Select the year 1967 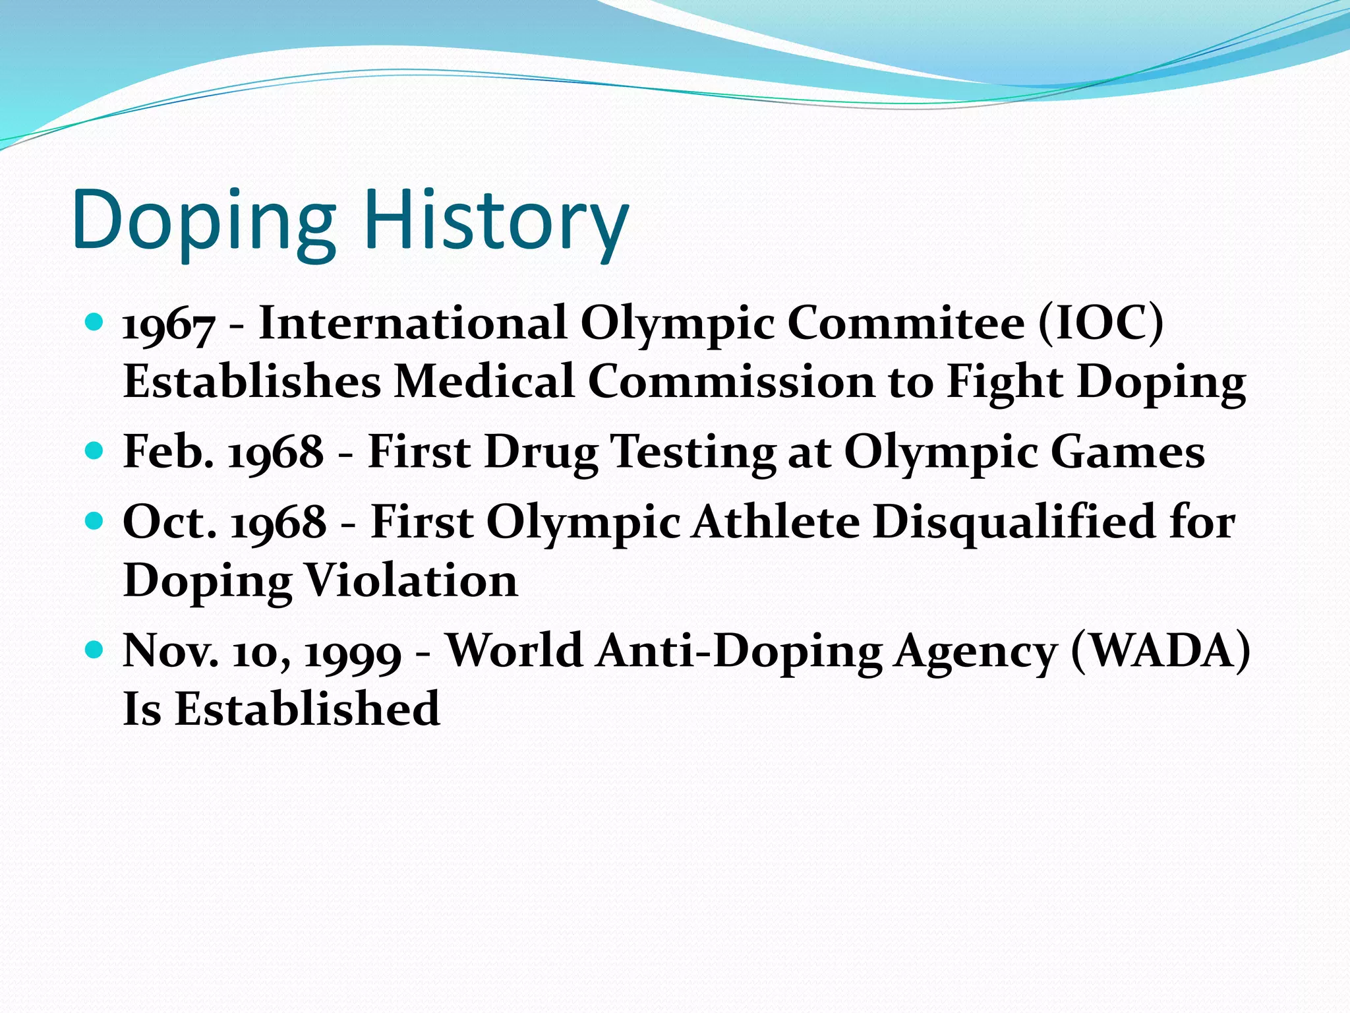pos(169,324)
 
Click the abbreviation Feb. pos(169,452)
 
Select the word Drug pos(541,453)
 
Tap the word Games pos(1127,452)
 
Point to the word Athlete pos(777,522)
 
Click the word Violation pos(412,580)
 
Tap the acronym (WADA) pos(1161,650)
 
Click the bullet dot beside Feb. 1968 pos(95,451)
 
